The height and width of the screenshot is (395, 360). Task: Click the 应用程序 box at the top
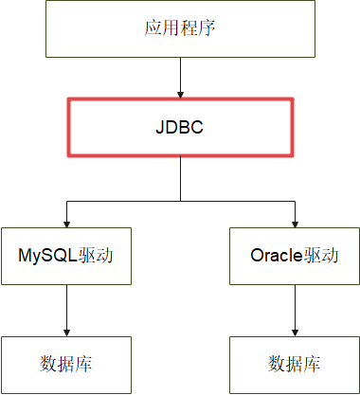point(180,28)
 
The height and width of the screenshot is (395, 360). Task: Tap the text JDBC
point(180,127)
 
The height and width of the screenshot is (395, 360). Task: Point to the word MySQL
point(47,255)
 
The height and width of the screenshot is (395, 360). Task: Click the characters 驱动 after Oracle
point(322,255)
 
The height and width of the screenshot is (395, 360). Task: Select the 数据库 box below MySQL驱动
point(65,365)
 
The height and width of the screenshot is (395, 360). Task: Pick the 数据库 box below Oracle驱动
point(295,365)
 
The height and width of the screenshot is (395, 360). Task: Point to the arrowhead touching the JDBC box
point(180,92)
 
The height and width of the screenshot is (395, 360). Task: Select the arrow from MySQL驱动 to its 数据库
point(65,308)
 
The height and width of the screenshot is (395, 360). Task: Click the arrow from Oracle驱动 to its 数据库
point(295,308)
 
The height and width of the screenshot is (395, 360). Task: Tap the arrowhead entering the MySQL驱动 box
point(65,222)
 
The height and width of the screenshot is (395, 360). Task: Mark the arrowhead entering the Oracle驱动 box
point(295,222)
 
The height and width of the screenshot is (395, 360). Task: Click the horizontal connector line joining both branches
point(123,200)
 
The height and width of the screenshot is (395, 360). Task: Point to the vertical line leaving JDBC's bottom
point(180,180)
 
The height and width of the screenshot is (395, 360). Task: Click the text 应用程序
point(180,27)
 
